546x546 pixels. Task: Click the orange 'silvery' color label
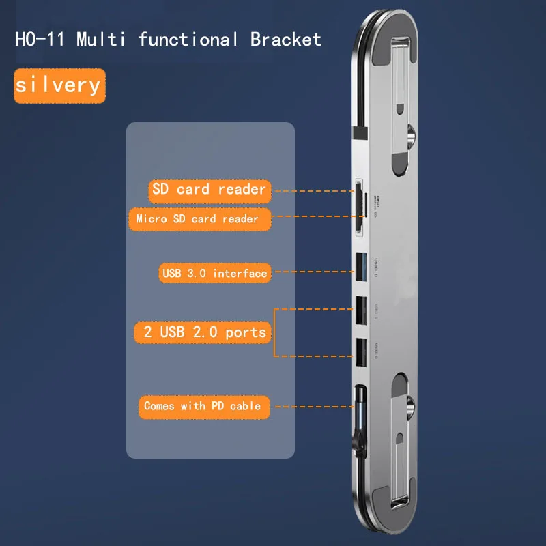point(59,85)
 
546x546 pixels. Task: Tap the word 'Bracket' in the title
point(285,39)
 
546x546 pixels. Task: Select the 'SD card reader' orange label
point(209,190)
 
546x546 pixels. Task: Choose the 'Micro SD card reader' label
point(197,219)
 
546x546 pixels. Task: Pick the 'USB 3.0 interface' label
point(214,274)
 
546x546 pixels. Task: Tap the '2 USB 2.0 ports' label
point(204,332)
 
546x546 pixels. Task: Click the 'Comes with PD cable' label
point(202,406)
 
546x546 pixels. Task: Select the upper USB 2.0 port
point(360,311)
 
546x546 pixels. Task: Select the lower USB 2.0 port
point(360,350)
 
